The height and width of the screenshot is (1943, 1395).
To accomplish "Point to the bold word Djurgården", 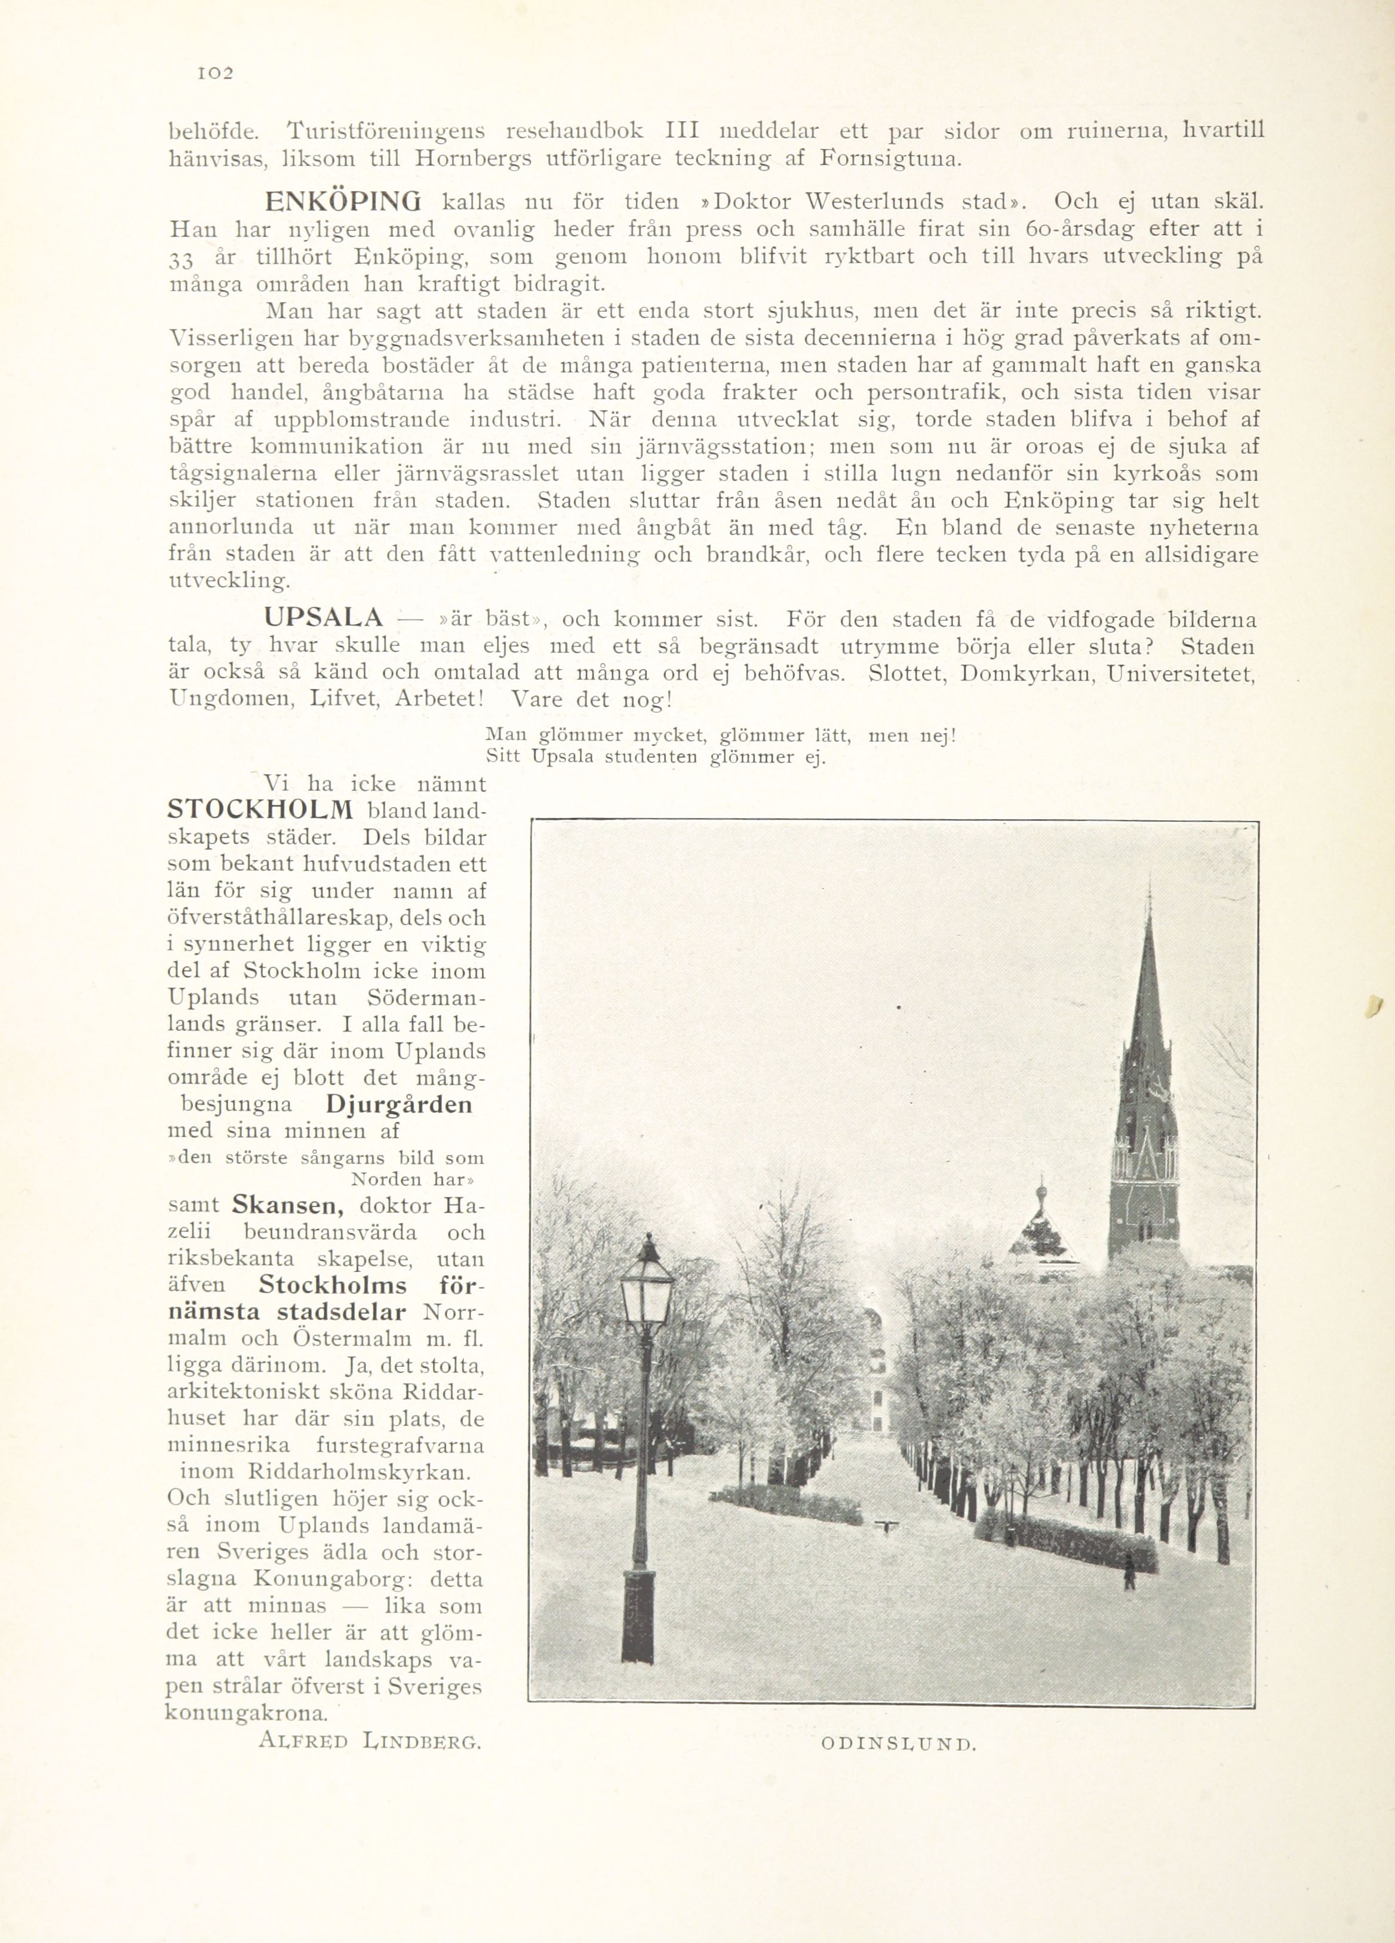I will click(x=398, y=1104).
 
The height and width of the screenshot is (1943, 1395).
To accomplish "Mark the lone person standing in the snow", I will click(x=1129, y=1571).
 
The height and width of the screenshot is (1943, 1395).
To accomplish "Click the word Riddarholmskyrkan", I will click(x=358, y=1472).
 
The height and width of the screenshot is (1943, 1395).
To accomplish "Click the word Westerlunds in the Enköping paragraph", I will click(x=878, y=203).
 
